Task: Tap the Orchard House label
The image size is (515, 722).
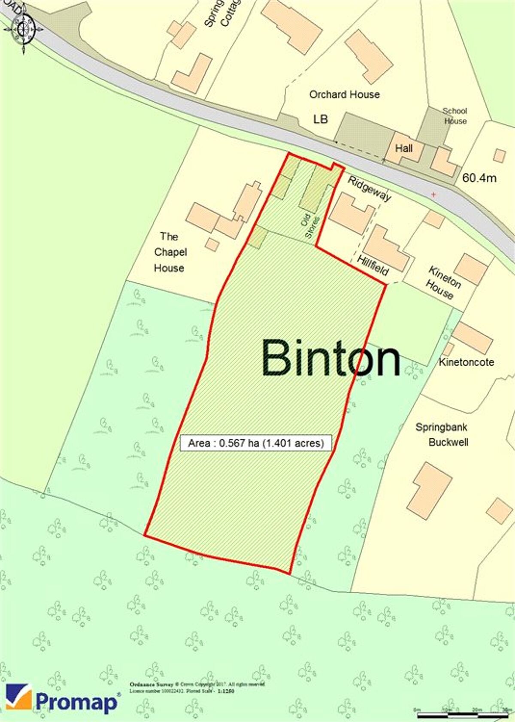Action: [344, 94]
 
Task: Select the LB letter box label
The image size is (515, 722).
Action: [320, 119]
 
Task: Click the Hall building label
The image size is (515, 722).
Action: [404, 149]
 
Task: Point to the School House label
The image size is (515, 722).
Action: [455, 116]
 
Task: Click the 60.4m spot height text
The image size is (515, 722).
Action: [479, 178]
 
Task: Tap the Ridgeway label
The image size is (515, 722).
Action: [369, 188]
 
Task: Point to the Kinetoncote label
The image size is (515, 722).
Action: [466, 362]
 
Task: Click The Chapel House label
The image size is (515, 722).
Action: [170, 252]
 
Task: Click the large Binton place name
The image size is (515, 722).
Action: [330, 358]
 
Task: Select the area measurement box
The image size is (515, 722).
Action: [256, 443]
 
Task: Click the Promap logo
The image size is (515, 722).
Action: [62, 700]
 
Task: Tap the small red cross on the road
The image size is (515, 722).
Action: [433, 195]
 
